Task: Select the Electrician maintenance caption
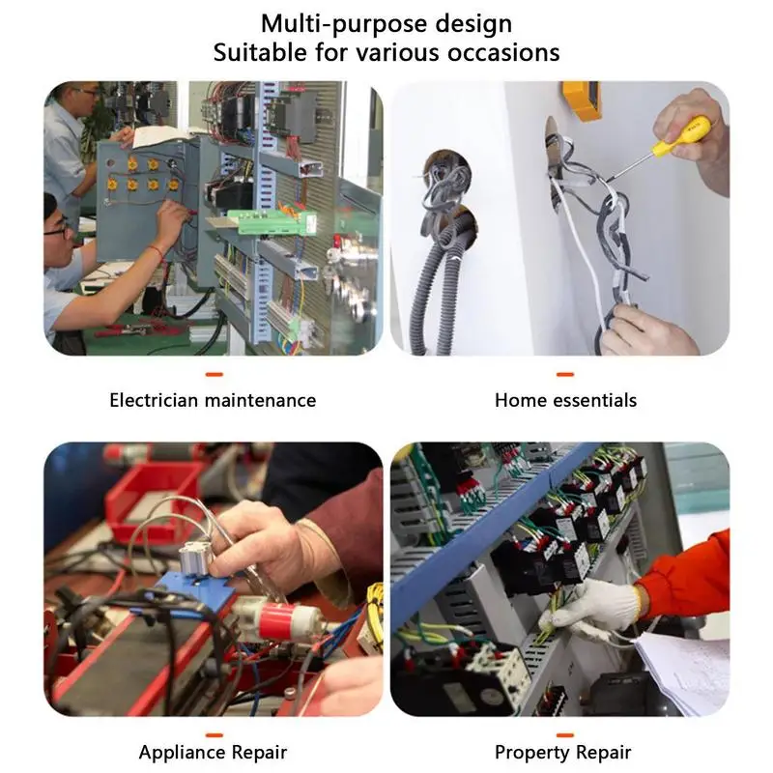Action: pyautogui.click(x=213, y=400)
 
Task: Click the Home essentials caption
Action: pyautogui.click(x=565, y=400)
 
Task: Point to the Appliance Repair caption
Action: pyautogui.click(x=213, y=753)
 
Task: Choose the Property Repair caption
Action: pyautogui.click(x=562, y=753)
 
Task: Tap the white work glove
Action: pyautogui.click(x=595, y=608)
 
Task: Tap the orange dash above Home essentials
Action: pyautogui.click(x=565, y=375)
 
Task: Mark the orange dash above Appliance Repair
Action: pyautogui.click(x=215, y=735)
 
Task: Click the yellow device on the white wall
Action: pyautogui.click(x=582, y=100)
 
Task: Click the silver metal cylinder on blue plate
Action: pyautogui.click(x=195, y=558)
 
